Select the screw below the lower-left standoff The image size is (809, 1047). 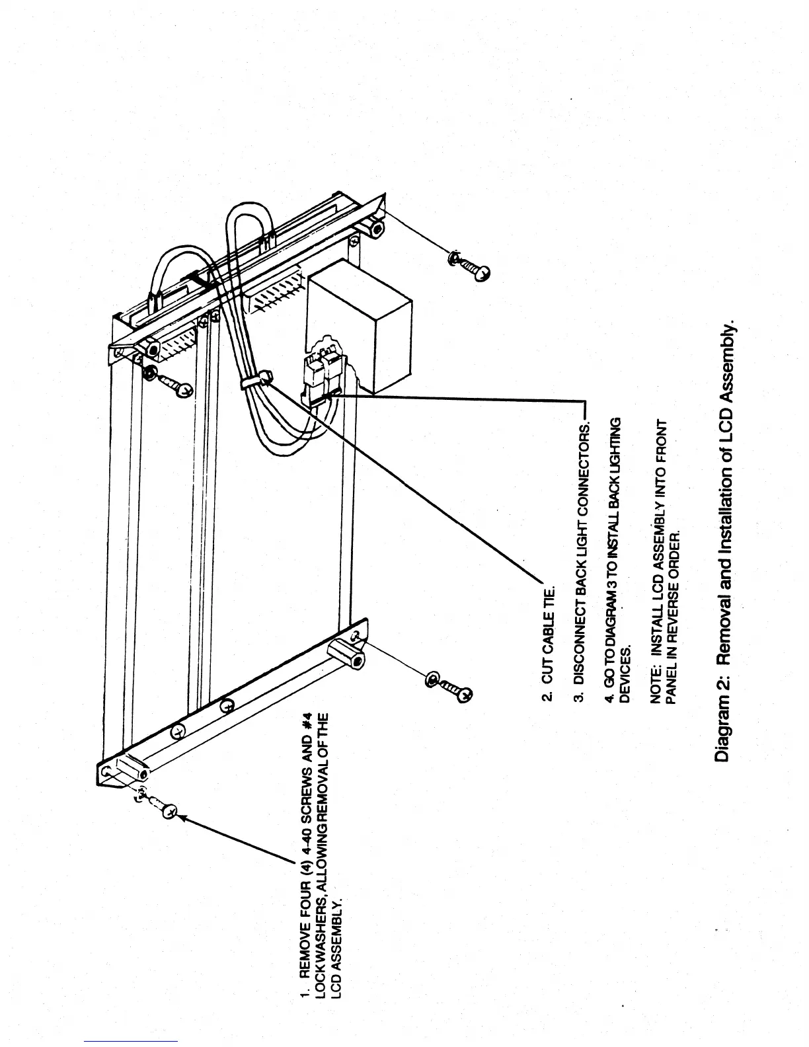tap(451, 687)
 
